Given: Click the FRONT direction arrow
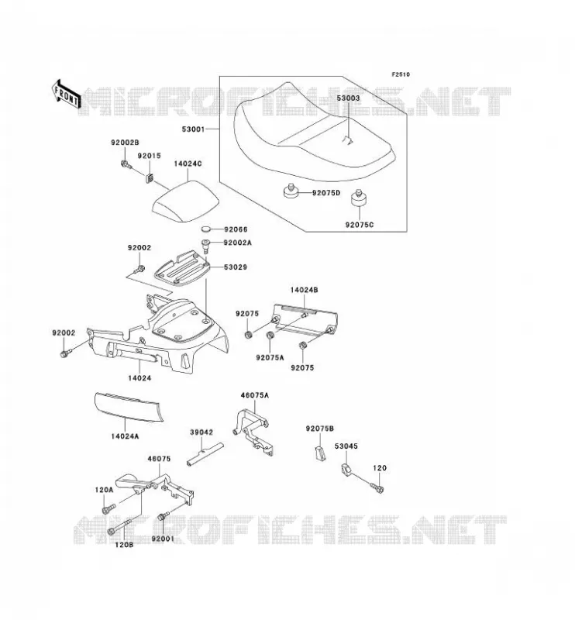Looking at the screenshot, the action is coord(66,95).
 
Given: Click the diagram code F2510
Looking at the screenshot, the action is coord(401,74).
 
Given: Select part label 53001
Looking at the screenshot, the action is coord(193,129).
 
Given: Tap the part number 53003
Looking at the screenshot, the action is coord(348,98).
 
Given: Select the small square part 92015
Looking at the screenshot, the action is coord(150,177).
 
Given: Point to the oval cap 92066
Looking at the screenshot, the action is coord(207,229).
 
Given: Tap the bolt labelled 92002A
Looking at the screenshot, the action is coord(205,246).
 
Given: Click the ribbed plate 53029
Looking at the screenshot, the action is coord(181,267).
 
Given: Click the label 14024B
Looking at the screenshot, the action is coord(304,289).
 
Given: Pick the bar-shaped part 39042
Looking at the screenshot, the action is coord(205,453).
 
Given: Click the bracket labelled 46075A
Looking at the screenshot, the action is coord(253,432).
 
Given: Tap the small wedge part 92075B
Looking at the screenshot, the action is coord(320,453).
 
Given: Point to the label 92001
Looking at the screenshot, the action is coord(163,539).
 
